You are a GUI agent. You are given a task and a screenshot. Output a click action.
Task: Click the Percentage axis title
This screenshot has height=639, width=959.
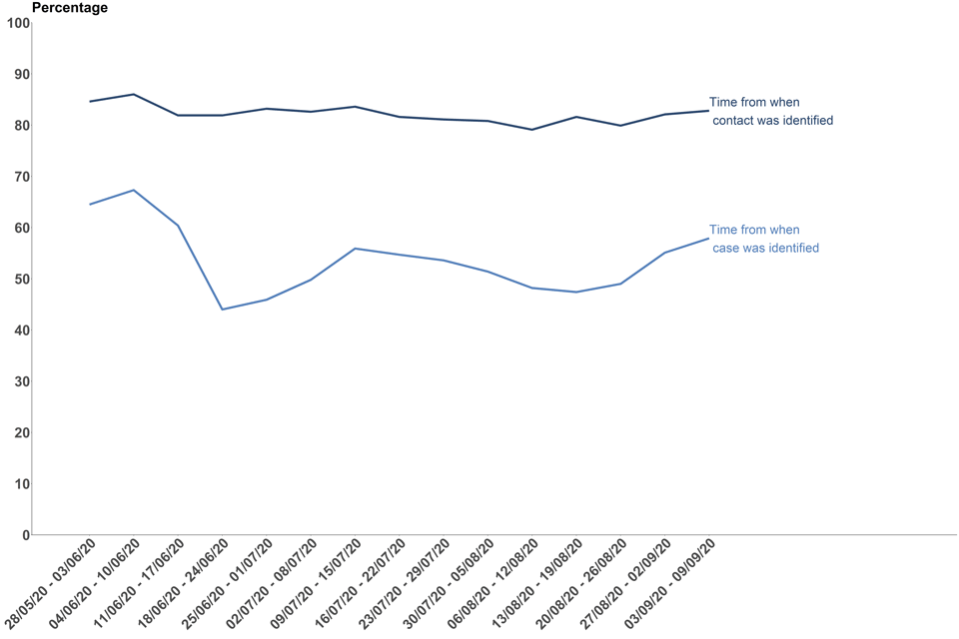point(70,8)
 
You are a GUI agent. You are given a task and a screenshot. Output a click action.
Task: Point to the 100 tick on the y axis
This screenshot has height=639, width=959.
point(17,23)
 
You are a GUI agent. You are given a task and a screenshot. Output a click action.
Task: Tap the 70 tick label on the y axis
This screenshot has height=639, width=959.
point(20,177)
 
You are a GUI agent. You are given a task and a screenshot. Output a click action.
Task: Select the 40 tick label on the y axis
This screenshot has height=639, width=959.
point(20,330)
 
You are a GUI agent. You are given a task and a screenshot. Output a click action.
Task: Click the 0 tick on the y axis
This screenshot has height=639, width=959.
point(25,535)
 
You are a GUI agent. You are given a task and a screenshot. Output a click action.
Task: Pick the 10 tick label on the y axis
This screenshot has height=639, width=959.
point(20,484)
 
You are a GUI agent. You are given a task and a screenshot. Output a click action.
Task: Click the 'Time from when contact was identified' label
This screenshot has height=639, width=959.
point(770,111)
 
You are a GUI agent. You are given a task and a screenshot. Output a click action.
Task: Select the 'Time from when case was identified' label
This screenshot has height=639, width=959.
point(763,239)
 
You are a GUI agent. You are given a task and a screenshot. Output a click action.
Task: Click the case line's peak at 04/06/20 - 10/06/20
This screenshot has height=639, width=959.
point(134,190)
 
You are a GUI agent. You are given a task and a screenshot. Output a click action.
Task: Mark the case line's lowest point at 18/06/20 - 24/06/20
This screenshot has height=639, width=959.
point(222,310)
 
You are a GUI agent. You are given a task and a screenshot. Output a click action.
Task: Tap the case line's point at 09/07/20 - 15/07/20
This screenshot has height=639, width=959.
point(355,249)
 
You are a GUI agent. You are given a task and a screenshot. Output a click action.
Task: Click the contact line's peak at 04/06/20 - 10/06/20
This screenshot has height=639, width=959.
point(134,94)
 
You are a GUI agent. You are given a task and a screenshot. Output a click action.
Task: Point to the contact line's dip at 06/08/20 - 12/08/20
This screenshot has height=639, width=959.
point(531,130)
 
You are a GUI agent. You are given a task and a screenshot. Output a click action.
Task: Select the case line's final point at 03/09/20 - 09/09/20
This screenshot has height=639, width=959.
point(708,238)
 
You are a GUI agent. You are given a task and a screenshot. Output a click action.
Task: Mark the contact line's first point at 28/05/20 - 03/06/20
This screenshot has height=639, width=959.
point(90,101)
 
